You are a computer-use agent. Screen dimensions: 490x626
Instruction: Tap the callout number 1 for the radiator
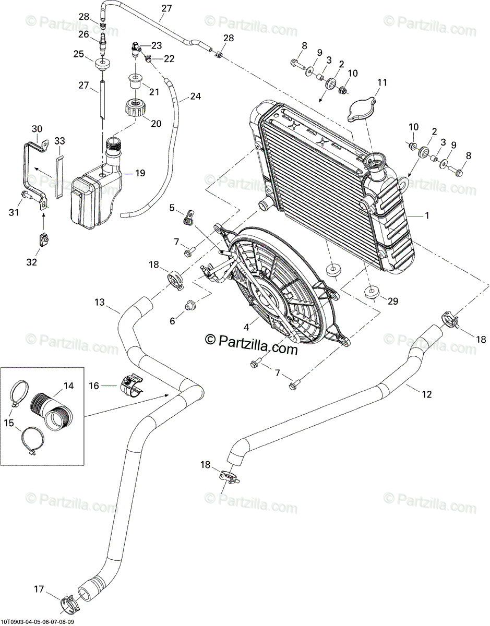(x=427, y=215)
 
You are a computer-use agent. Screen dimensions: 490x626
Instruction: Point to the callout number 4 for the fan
(x=246, y=327)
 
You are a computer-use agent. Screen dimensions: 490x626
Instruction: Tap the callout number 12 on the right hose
(x=427, y=394)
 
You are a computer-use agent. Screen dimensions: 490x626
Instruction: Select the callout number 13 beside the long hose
(x=100, y=302)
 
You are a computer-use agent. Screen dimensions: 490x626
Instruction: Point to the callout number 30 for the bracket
(x=37, y=129)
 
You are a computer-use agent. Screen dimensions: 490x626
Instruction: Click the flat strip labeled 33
(x=59, y=177)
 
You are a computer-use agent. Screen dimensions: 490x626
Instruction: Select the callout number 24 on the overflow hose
(x=195, y=96)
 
